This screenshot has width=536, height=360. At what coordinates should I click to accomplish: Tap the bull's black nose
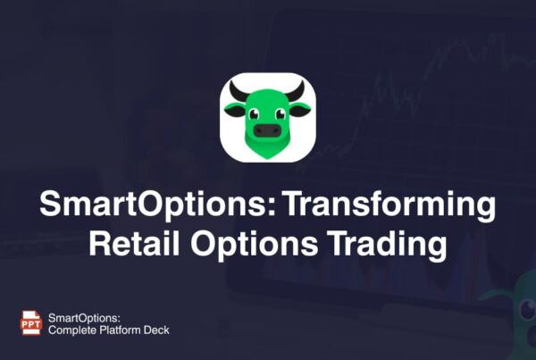(267, 130)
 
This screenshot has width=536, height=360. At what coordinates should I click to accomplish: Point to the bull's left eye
(254, 113)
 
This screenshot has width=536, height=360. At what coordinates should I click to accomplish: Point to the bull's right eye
(281, 113)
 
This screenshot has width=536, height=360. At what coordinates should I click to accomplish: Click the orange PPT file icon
(29, 322)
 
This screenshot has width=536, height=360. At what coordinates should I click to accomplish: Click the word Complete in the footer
(74, 330)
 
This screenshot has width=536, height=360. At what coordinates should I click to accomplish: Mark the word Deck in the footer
(158, 330)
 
